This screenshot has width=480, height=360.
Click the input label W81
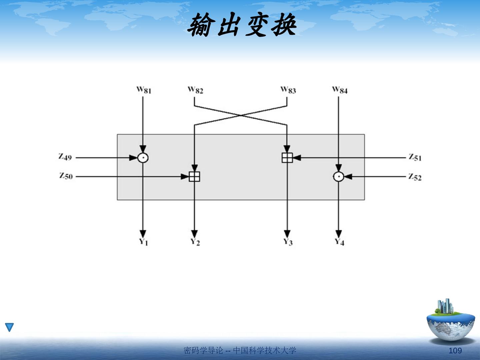click(144, 90)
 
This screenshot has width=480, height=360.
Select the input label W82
click(195, 90)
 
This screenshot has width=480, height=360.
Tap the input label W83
click(288, 90)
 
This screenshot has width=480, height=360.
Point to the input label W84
click(340, 90)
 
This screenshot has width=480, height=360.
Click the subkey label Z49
click(65, 157)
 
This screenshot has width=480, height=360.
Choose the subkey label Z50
click(66, 176)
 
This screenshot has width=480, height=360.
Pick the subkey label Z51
click(415, 157)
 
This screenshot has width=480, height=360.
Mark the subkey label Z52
click(415, 177)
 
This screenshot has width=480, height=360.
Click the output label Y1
click(143, 242)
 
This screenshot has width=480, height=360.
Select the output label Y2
click(195, 242)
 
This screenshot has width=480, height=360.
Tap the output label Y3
click(288, 242)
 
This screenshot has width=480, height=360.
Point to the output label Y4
click(339, 242)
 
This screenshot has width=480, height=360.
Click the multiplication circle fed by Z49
click(143, 158)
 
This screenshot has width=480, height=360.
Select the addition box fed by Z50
click(194, 177)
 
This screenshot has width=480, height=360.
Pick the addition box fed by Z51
click(287, 158)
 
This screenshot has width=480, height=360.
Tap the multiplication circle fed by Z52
click(339, 177)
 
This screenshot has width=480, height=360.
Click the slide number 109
click(455, 351)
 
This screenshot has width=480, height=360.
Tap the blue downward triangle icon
click(9, 327)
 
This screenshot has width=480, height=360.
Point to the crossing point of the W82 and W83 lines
click(241, 116)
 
